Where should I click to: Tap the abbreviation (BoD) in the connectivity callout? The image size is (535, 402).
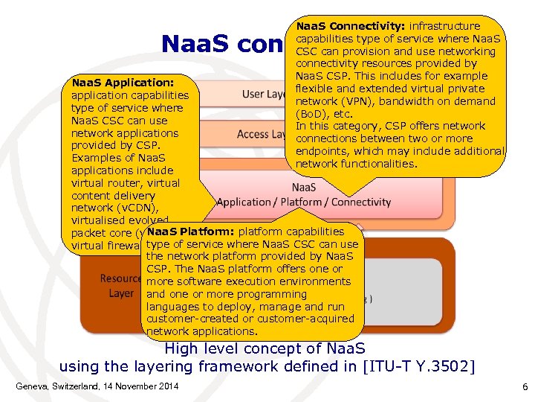313,114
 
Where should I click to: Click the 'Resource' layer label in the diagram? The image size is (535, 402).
121,278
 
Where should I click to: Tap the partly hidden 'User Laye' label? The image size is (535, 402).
265,94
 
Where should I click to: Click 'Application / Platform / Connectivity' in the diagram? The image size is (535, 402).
303,202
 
